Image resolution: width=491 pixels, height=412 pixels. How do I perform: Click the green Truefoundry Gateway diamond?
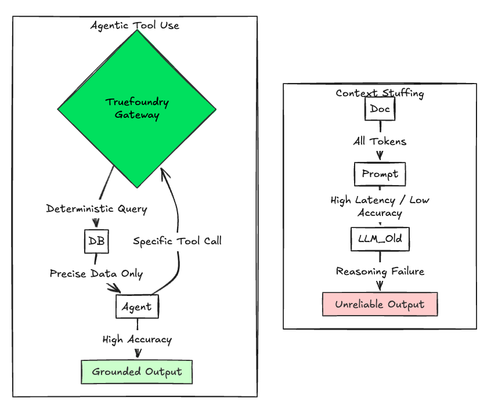137,109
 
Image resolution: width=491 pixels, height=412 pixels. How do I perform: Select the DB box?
96,241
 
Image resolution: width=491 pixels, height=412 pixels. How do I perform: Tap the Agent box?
137,306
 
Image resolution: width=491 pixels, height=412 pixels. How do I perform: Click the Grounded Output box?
137,372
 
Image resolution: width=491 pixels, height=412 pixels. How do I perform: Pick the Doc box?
380,109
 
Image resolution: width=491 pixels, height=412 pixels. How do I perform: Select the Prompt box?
380,174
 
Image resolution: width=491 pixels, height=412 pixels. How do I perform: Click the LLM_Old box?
380,239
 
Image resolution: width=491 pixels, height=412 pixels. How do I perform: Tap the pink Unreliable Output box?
380,304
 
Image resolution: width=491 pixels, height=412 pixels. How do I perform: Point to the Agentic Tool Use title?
135,26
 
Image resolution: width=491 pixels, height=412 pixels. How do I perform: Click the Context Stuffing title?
380,93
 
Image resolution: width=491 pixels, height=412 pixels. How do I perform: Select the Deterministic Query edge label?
96,209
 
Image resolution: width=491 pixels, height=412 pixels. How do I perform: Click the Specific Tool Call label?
177,241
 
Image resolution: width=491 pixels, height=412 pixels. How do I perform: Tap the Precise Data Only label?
96,274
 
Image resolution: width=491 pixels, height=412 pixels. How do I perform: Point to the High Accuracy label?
137,339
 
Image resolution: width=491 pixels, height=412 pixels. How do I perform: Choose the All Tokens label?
380,141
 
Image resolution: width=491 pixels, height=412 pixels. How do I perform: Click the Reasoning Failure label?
380,272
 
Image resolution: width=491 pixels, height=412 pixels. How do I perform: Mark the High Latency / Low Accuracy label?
380,207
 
